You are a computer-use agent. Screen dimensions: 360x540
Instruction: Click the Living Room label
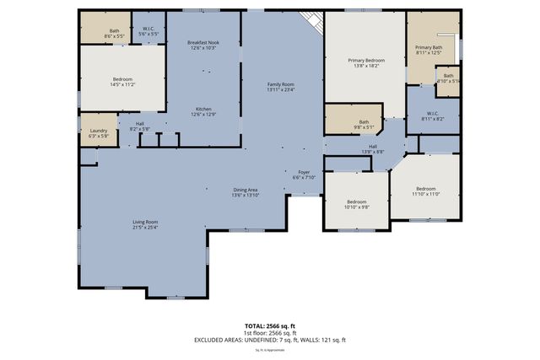click(x=145, y=224)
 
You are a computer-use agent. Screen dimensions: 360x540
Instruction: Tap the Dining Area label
click(x=246, y=192)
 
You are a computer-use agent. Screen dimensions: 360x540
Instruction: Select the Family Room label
click(x=281, y=87)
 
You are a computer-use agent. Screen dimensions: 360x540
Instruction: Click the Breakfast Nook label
click(x=202, y=45)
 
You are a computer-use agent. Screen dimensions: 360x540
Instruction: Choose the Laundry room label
click(x=99, y=132)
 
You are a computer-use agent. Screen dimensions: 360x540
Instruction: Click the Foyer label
click(x=304, y=175)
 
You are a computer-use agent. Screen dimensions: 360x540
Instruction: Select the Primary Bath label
click(x=429, y=50)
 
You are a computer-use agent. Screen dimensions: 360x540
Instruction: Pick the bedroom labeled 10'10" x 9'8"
click(x=358, y=204)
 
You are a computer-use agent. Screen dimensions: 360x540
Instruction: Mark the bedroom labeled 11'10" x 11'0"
click(x=425, y=191)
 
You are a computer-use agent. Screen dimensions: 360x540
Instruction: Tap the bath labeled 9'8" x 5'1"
click(x=364, y=125)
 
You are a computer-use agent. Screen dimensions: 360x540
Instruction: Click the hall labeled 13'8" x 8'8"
click(x=373, y=148)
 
